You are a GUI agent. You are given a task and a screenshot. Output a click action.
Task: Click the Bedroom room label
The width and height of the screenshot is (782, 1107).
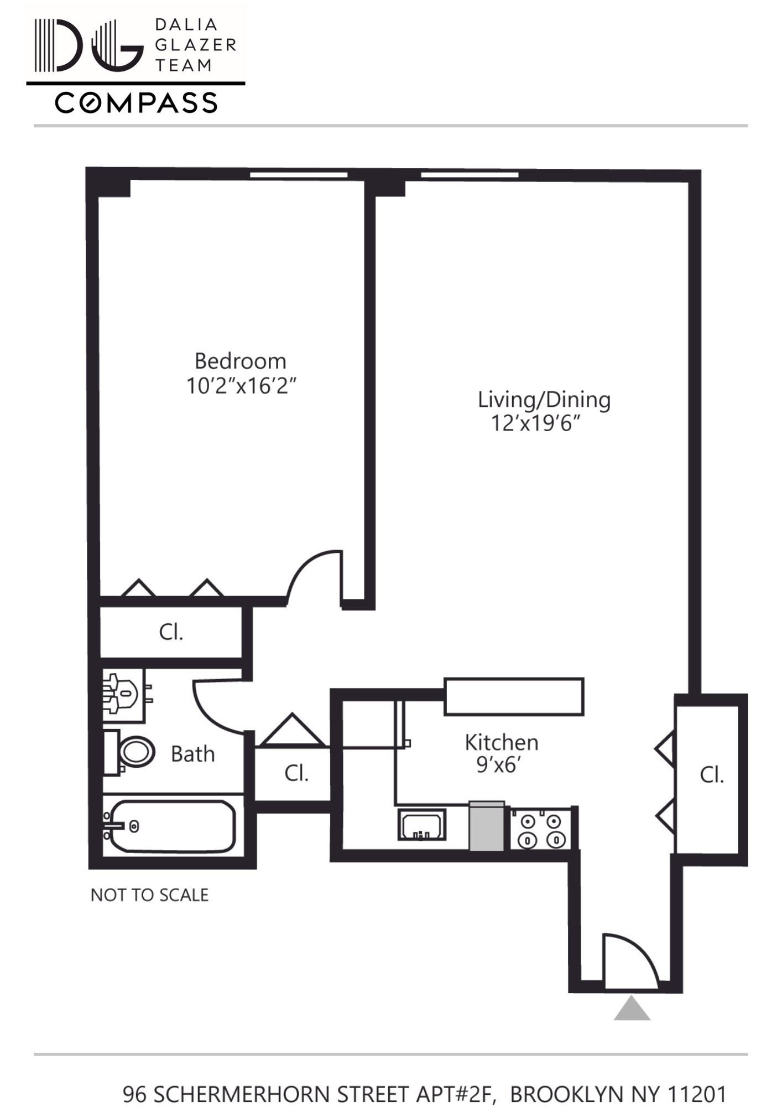coord(240,361)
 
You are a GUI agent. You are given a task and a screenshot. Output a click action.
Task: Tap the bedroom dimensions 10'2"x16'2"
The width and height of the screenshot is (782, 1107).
coord(241,386)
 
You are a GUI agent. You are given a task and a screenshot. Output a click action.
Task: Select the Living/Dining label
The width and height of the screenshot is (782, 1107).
coord(544,400)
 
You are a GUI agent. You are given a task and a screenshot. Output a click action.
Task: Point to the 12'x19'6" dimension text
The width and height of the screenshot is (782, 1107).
coord(535,423)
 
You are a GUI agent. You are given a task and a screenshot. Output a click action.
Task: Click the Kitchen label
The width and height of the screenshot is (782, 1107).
coord(501,742)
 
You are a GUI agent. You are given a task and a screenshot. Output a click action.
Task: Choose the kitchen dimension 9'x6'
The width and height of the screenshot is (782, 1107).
coord(499,765)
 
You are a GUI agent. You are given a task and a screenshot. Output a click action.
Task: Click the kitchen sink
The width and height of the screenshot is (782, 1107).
coord(421,825)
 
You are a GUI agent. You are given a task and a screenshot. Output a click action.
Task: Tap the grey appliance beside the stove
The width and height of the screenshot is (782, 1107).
coord(487,826)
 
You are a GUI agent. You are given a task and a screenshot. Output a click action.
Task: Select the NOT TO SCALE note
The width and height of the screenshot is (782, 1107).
coord(149,895)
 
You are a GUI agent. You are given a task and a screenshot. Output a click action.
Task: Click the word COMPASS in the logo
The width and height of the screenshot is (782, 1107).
coord(136,103)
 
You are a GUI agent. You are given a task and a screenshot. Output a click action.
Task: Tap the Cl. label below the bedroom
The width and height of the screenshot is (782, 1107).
coord(171,632)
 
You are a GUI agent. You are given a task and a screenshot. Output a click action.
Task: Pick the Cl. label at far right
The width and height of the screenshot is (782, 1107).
coord(711,775)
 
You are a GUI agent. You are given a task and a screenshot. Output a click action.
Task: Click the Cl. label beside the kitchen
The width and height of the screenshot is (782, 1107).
coord(296,773)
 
